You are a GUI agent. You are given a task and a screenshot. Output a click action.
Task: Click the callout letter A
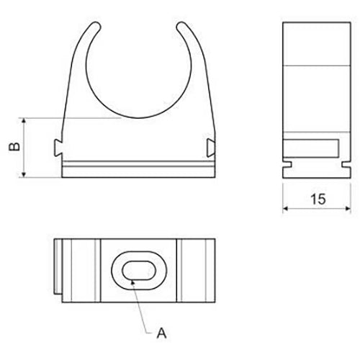click(161, 333)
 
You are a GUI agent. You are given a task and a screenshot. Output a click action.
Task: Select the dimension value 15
click(318, 199)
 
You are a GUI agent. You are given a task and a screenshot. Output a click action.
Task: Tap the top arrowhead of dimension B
click(24, 122)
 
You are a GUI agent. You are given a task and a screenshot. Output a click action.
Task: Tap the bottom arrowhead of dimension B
click(24, 174)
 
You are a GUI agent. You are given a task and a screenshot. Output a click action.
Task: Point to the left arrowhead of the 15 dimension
click(286, 208)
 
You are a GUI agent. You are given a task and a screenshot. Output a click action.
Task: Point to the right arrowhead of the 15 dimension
click(347, 208)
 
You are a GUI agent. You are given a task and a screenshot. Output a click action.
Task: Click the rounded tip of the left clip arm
click(95, 26)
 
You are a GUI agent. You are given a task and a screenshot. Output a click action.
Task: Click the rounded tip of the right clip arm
click(181, 26)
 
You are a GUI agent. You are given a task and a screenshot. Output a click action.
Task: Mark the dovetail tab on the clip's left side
click(58, 148)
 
